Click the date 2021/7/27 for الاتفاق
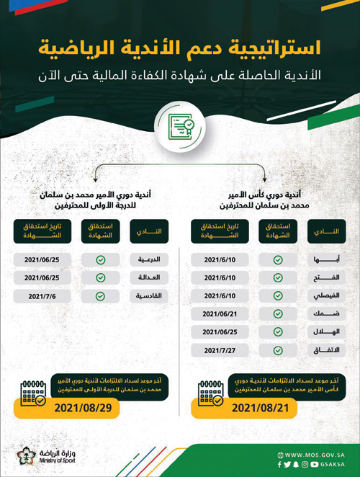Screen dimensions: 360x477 pyautogui.click(x=220, y=349)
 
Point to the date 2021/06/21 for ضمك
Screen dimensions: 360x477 pyautogui.click(x=220, y=313)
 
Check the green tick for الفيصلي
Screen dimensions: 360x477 pyautogui.click(x=278, y=295)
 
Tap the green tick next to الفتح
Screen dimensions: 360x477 pyautogui.click(x=278, y=277)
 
